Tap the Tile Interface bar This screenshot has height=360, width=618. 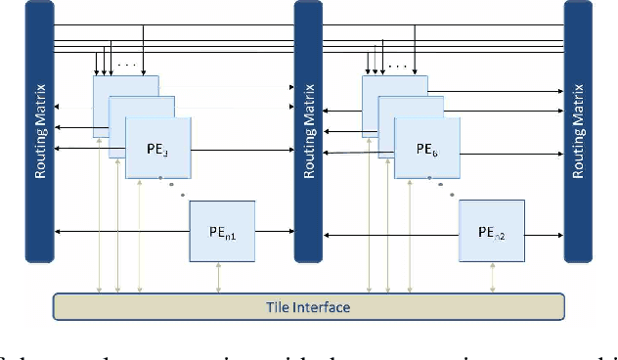(x=309, y=306)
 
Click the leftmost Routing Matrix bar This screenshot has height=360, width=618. (x=39, y=132)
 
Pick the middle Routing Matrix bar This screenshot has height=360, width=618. (x=309, y=132)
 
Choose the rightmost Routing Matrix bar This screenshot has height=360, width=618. (x=578, y=132)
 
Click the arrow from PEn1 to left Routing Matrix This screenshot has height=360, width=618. (x=122, y=232)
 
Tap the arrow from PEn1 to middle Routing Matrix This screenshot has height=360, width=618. (x=274, y=232)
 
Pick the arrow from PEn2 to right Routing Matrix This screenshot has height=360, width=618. (x=544, y=234)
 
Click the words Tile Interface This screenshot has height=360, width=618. (x=309, y=307)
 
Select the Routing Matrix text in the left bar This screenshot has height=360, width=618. (x=39, y=132)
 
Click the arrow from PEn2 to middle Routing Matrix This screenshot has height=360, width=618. (x=391, y=234)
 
